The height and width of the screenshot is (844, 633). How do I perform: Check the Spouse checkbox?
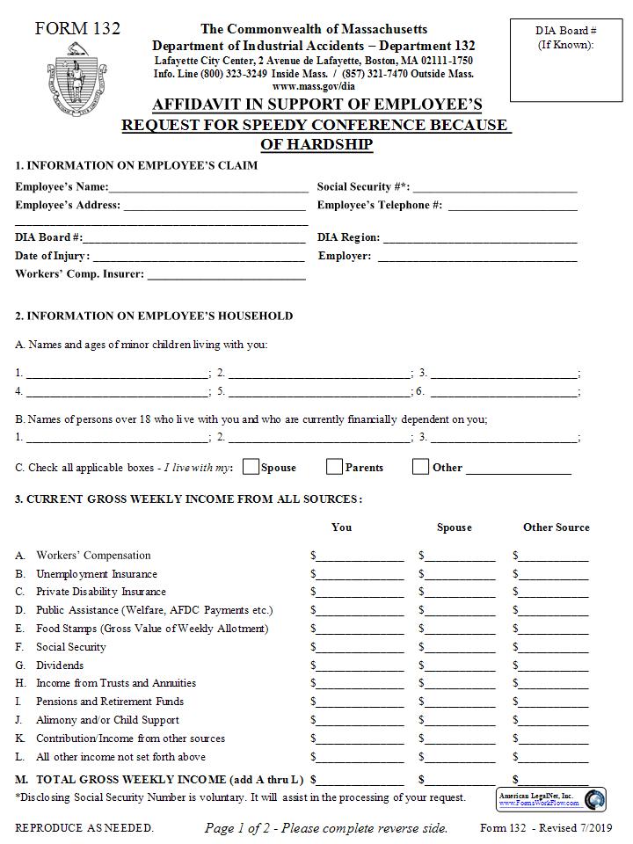click(x=251, y=467)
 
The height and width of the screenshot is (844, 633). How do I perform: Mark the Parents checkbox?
click(x=334, y=467)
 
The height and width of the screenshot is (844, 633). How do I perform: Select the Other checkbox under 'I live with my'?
click(x=420, y=467)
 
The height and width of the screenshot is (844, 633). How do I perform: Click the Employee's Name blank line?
click(x=208, y=187)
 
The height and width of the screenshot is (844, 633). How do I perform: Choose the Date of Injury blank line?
click(x=198, y=257)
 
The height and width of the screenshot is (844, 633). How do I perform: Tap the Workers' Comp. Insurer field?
click(x=226, y=275)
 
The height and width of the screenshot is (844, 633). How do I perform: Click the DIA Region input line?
click(x=480, y=237)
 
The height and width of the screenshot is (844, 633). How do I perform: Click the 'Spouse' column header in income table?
click(x=454, y=527)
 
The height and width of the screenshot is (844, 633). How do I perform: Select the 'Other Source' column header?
click(x=556, y=527)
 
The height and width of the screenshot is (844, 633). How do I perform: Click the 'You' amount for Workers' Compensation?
click(x=360, y=556)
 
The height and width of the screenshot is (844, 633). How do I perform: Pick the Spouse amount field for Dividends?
click(x=460, y=666)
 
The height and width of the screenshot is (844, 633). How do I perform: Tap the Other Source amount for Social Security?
click(x=554, y=647)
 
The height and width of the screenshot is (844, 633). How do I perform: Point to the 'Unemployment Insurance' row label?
click(x=97, y=574)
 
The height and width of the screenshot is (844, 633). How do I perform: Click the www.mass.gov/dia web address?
click(x=314, y=86)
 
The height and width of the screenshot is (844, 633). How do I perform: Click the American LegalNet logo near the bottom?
click(x=551, y=799)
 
